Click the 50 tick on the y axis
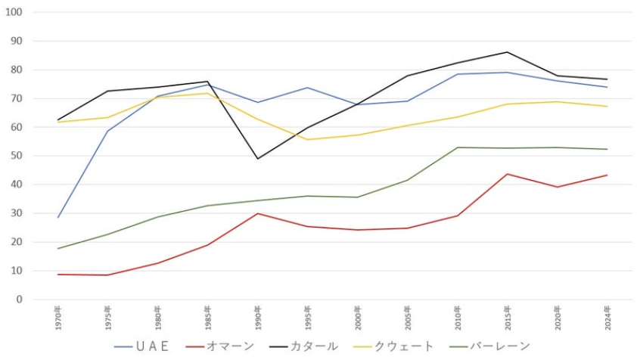[x=16, y=156]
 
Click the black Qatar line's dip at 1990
[x=258, y=159]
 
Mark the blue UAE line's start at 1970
[x=57, y=218]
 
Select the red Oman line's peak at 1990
[x=258, y=213]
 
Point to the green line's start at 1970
[x=57, y=249]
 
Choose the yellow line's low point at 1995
[x=308, y=139]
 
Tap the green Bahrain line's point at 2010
[x=458, y=147]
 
